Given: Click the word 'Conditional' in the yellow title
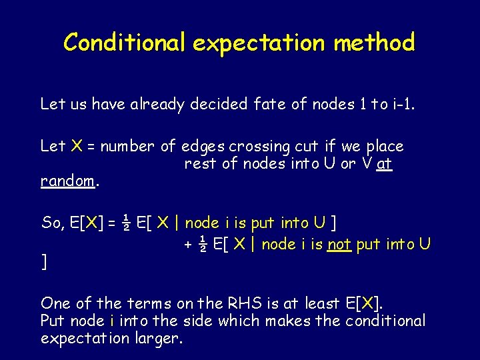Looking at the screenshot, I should pos(125,43).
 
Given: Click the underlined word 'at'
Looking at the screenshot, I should pos(385,163).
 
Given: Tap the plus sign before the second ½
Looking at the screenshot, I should pos(189,245).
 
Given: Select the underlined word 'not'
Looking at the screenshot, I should pos(339,245).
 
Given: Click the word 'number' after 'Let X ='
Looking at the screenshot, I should pos(127,147).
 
